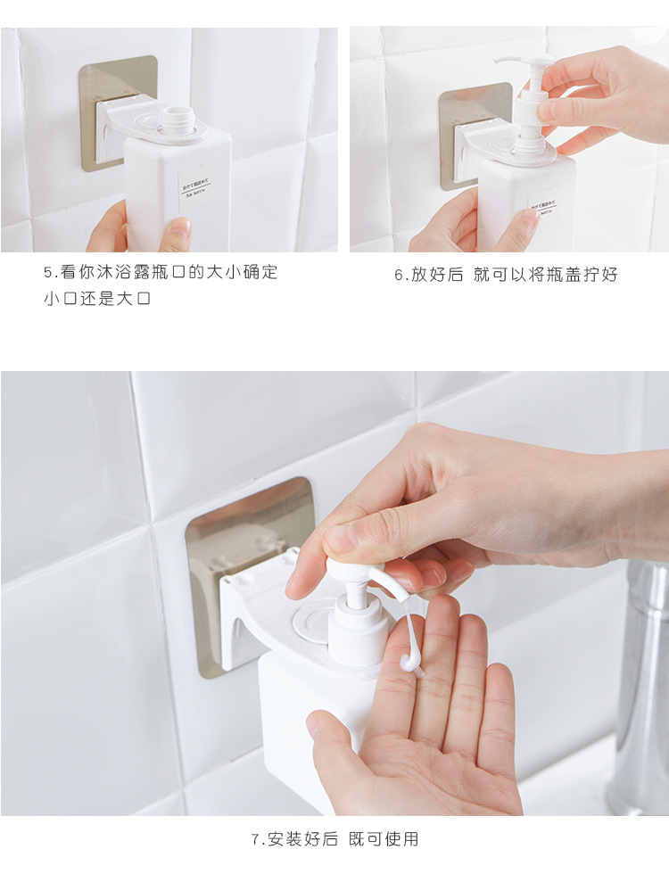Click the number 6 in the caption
399,276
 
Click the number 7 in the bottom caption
255,839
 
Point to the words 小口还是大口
97,300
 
